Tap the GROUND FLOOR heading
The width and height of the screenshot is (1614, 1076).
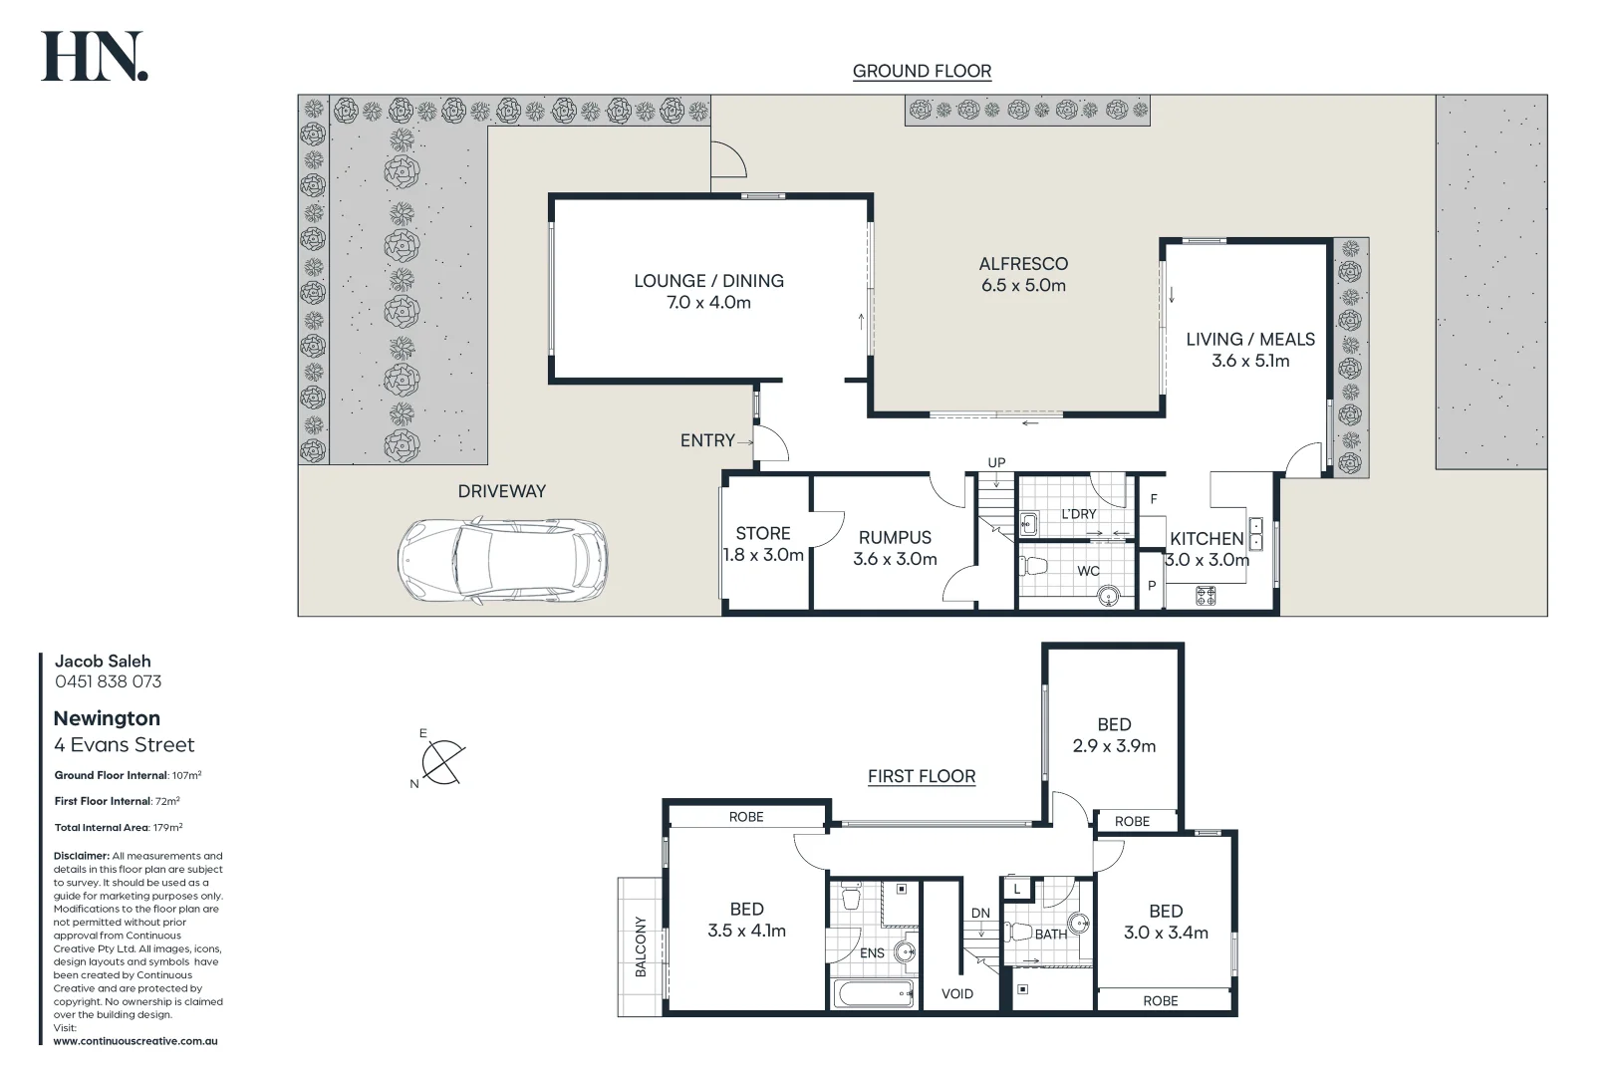coord(922,71)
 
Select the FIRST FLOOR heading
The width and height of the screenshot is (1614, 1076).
coord(922,776)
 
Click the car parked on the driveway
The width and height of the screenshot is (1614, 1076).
coord(503,560)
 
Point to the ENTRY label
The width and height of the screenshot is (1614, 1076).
coord(707,440)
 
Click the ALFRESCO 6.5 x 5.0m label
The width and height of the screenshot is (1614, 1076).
coord(1023,274)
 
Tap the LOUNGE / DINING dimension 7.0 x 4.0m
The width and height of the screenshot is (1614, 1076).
coord(708,303)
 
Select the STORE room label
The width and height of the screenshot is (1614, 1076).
coord(763,534)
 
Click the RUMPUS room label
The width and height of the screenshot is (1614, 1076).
coord(895,538)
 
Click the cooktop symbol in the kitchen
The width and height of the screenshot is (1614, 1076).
coord(1206,596)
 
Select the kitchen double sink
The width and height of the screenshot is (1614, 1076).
coord(1256,534)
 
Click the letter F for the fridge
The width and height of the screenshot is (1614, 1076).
coord(1154,499)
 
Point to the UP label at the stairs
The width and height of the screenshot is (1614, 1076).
coord(996,462)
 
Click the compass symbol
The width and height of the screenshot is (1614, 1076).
coord(441,762)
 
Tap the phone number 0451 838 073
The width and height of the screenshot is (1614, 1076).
coord(108,681)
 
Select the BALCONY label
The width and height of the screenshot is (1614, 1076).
coord(641,946)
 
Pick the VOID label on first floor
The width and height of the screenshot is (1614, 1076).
coord(957,993)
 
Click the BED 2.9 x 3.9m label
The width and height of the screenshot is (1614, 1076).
coord(1114,735)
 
